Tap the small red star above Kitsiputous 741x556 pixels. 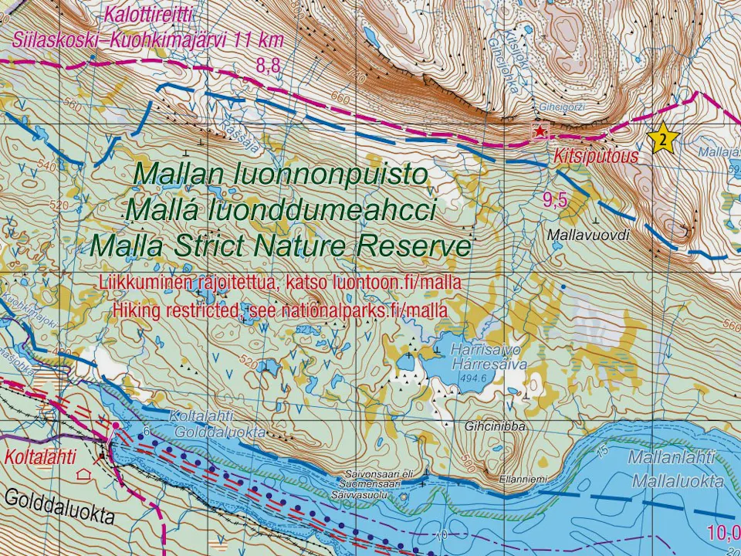pyautogui.click(x=539, y=132)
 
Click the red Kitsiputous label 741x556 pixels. pyautogui.click(x=595, y=156)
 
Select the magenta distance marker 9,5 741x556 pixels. pyautogui.click(x=555, y=201)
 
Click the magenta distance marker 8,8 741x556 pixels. pyautogui.click(x=269, y=66)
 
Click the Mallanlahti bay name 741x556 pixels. pyautogui.click(x=672, y=457)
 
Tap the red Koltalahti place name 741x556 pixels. pyautogui.click(x=41, y=457)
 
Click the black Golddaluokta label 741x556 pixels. pyautogui.click(x=59, y=507)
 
